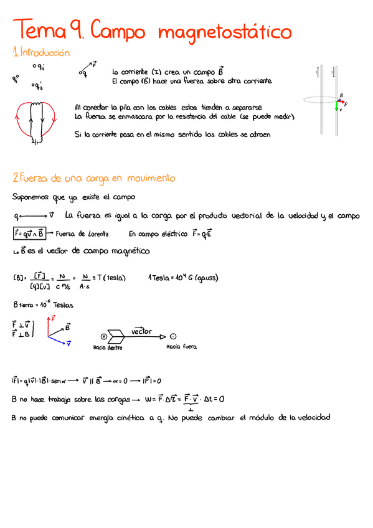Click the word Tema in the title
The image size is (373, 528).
pyautogui.click(x=40, y=30)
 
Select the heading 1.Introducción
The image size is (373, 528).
pyautogui.click(x=41, y=53)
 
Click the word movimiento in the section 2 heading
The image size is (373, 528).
pyautogui.click(x=151, y=178)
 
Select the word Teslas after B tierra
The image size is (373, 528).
pyautogui.click(x=64, y=305)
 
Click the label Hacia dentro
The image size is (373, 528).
pyautogui.click(x=107, y=347)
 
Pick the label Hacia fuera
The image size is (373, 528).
pyautogui.click(x=181, y=347)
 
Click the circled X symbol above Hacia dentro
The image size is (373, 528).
pyautogui.click(x=104, y=336)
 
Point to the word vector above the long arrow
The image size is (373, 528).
pyautogui.click(x=141, y=332)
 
